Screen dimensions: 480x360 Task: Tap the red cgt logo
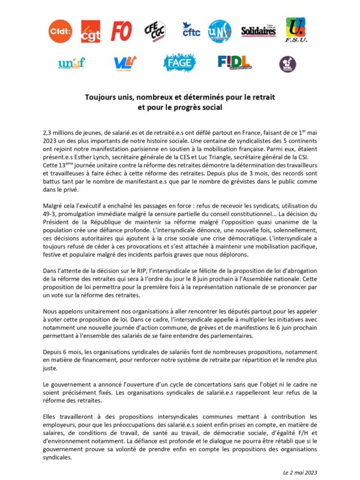(x=90, y=31)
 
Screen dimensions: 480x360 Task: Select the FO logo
(x=122, y=31)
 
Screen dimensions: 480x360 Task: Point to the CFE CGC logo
(x=155, y=31)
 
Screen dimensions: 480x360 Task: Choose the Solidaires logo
(x=258, y=31)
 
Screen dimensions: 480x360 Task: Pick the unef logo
(x=71, y=62)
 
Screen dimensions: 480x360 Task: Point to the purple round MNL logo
(x=287, y=63)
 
